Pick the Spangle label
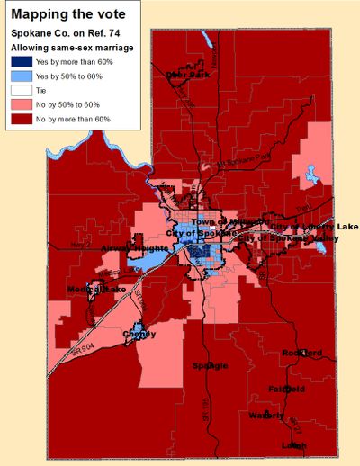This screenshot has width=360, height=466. [x=210, y=365]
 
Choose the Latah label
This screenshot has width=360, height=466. [x=293, y=445]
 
